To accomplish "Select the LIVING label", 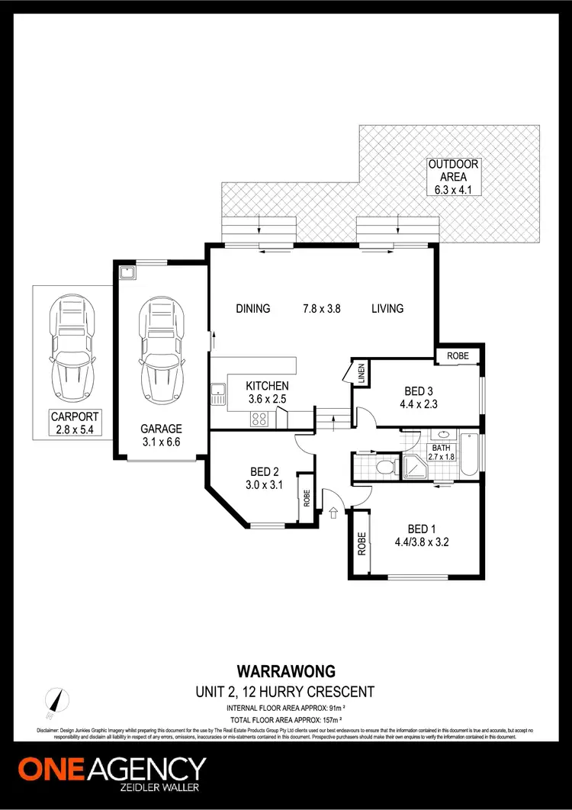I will [x=387, y=309].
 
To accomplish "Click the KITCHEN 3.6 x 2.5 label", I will [x=267, y=392].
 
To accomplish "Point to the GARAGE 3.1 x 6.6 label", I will [x=161, y=436].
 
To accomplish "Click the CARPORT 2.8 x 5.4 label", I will [x=75, y=423].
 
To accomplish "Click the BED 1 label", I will [x=423, y=536].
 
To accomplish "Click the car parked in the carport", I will [x=75, y=352].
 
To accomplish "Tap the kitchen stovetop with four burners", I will [x=258, y=417].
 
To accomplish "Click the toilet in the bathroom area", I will [x=385, y=466].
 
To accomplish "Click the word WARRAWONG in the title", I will [x=286, y=672].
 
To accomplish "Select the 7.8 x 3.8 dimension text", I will [x=321, y=309].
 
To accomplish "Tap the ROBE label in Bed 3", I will [x=458, y=356].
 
